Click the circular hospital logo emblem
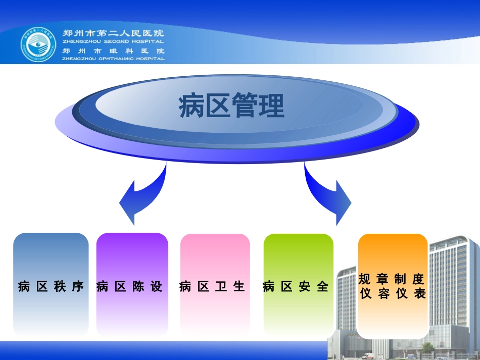(x=39, y=43)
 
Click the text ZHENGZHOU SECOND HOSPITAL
(x=113, y=42)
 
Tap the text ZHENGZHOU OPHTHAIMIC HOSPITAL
(x=113, y=59)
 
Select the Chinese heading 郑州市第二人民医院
(x=113, y=33)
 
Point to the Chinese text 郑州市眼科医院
(x=113, y=51)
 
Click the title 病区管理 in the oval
(x=232, y=106)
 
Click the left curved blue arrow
(x=141, y=194)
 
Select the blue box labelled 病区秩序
(x=51, y=285)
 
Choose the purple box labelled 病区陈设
(x=132, y=285)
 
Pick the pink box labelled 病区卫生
(x=215, y=285)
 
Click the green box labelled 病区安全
(x=298, y=285)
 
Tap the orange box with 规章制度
(x=392, y=279)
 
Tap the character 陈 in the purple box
(x=138, y=287)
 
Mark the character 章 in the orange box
(x=382, y=279)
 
